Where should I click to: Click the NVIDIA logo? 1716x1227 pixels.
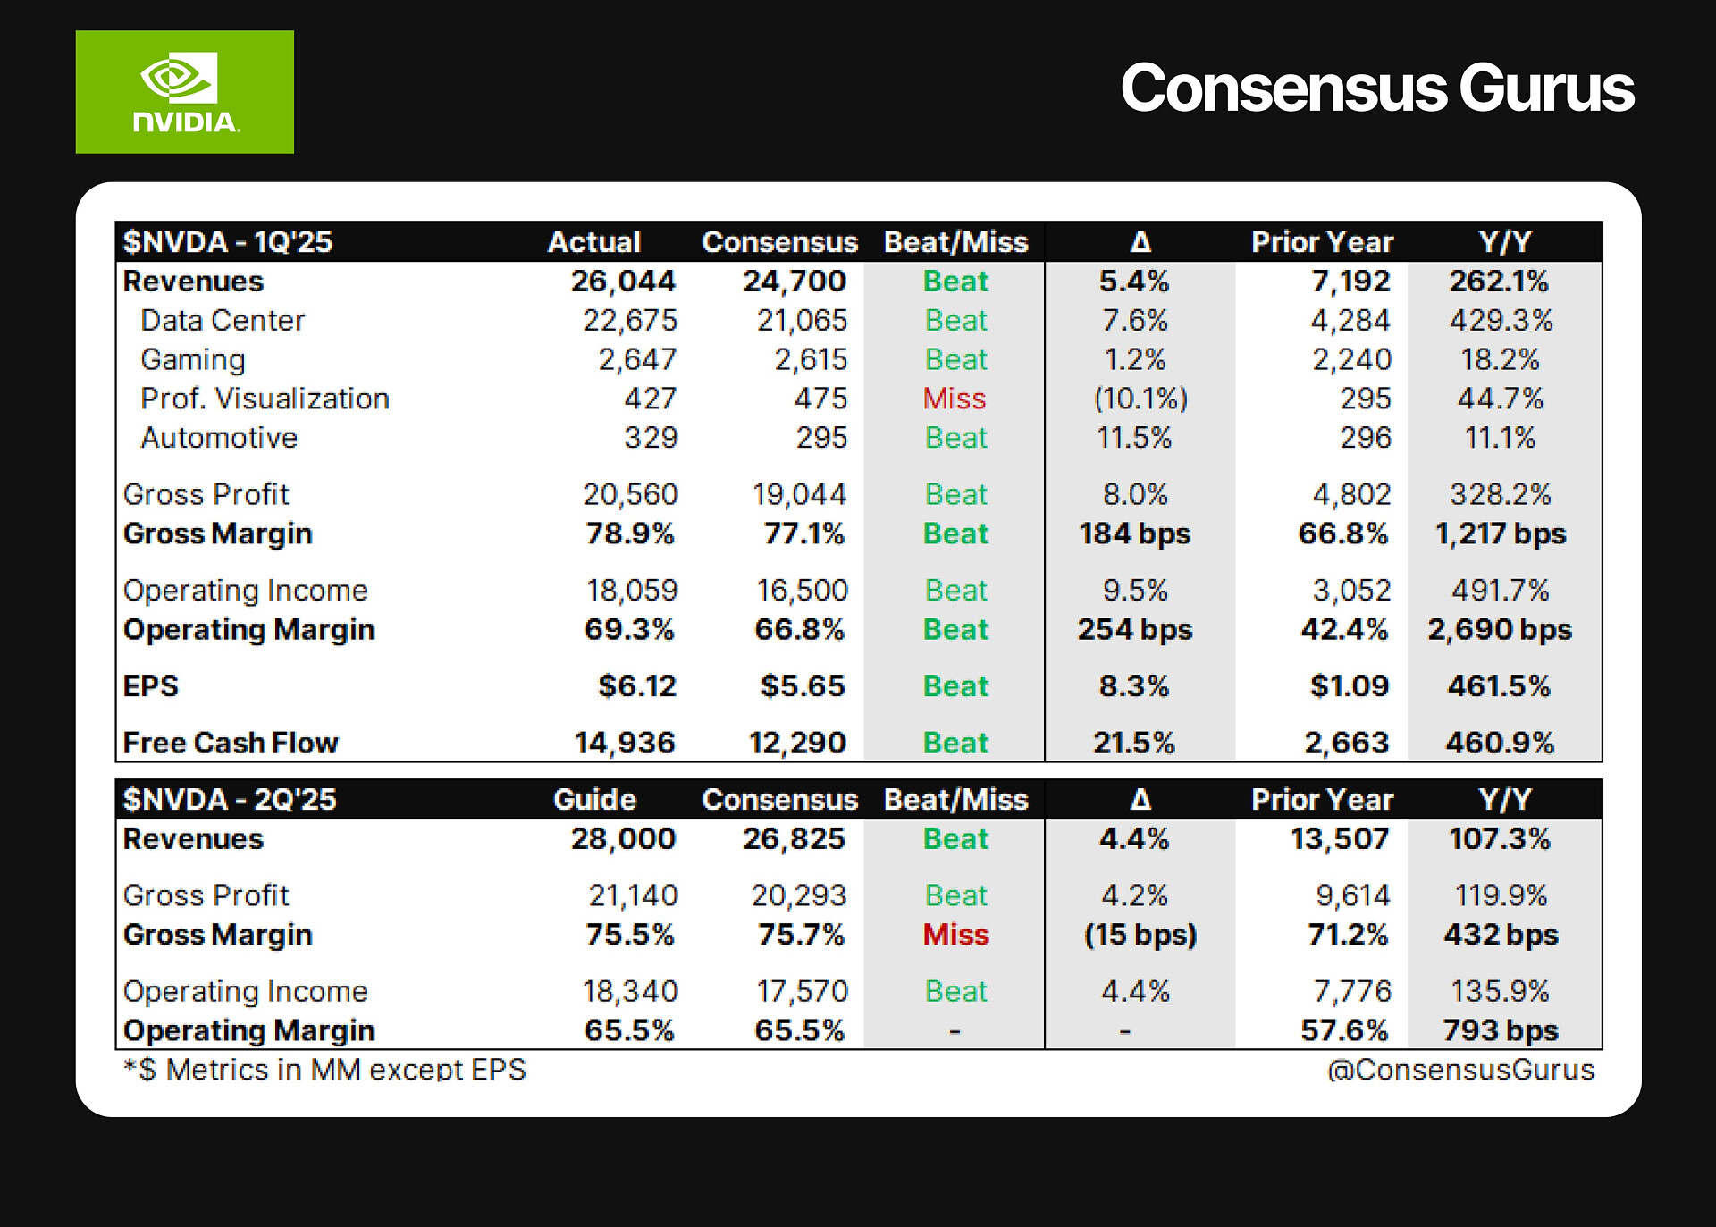pyautogui.click(x=184, y=92)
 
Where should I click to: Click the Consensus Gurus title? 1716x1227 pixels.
pyautogui.click(x=1376, y=88)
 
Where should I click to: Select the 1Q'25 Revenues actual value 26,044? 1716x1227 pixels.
pyautogui.click(x=623, y=282)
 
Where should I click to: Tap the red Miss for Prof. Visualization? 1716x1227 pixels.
pyautogui.click(x=955, y=399)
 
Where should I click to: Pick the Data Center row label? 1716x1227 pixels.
pyautogui.click(x=223, y=321)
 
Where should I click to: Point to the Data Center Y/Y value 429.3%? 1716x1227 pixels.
pyautogui.click(x=1501, y=321)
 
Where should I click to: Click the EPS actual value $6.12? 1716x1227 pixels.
pyautogui.click(x=637, y=686)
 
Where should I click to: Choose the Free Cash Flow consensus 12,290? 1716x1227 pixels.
pyautogui.click(x=796, y=744)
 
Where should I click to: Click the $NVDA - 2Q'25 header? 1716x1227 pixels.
pyautogui.click(x=230, y=799)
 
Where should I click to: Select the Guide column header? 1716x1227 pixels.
pyautogui.click(x=594, y=799)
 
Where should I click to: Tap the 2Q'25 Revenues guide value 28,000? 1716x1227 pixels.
pyautogui.click(x=623, y=839)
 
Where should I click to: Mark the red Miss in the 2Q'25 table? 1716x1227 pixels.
pyautogui.click(x=955, y=935)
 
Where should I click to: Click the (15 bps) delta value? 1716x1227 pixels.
pyautogui.click(x=1140, y=935)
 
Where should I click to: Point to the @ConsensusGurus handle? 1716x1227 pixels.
pyautogui.click(x=1460, y=1070)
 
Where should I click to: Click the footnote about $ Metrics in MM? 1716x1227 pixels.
pyautogui.click(x=324, y=1070)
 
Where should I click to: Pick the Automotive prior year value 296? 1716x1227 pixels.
pyautogui.click(x=1365, y=438)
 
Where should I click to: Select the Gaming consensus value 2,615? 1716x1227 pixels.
pyautogui.click(x=810, y=360)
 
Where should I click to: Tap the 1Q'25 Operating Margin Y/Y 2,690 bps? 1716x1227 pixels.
pyautogui.click(x=1499, y=630)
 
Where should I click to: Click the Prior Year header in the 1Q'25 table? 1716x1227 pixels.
pyautogui.click(x=1322, y=242)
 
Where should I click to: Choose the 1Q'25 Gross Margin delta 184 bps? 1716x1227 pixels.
pyautogui.click(x=1134, y=534)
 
